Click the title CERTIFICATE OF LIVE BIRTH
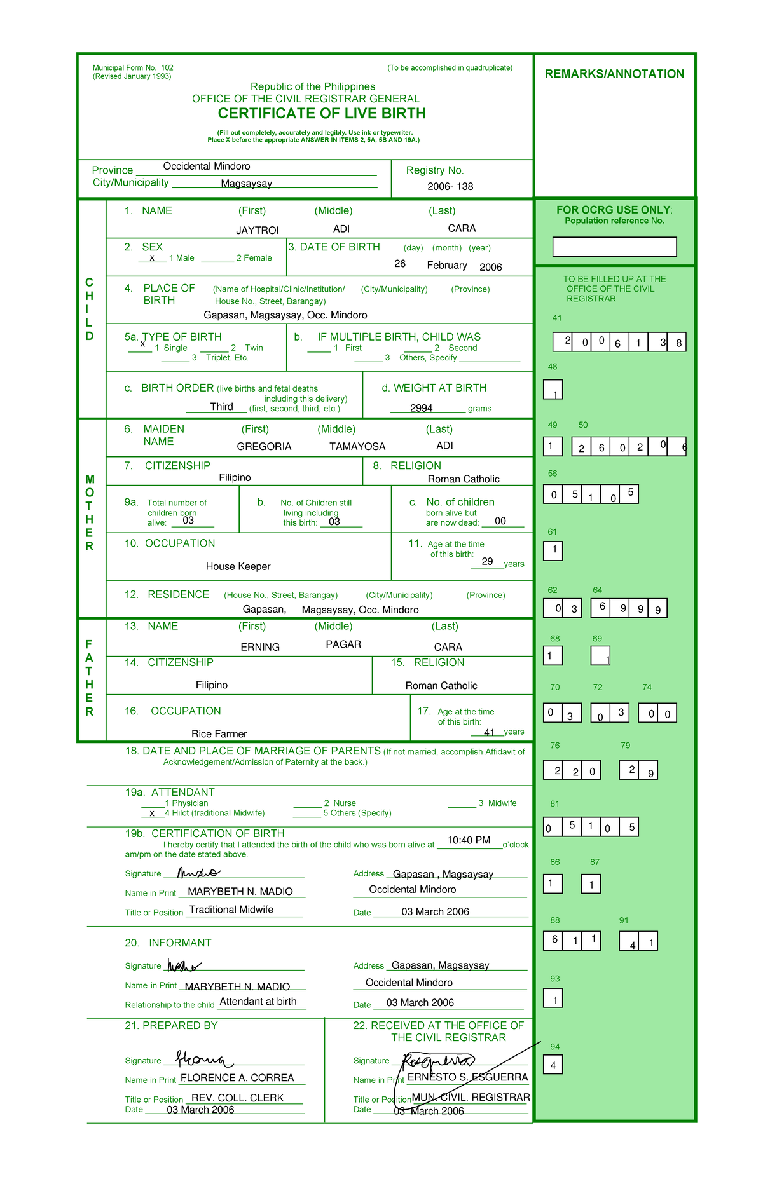click(322, 113)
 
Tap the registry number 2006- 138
click(450, 186)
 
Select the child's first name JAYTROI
click(258, 230)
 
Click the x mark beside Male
click(152, 257)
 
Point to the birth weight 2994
click(421, 408)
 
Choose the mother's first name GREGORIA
click(264, 446)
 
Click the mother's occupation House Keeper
click(238, 566)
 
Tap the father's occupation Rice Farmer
click(219, 733)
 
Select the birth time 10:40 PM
click(469, 840)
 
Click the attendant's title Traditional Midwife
click(231, 910)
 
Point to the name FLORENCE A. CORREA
click(237, 1078)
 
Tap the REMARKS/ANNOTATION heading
click(614, 74)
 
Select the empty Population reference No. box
click(614, 247)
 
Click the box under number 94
click(553, 1065)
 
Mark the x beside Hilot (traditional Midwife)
click(152, 813)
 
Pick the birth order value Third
click(222, 407)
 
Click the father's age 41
click(489, 732)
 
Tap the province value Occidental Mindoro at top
click(207, 167)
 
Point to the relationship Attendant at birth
click(258, 1002)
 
